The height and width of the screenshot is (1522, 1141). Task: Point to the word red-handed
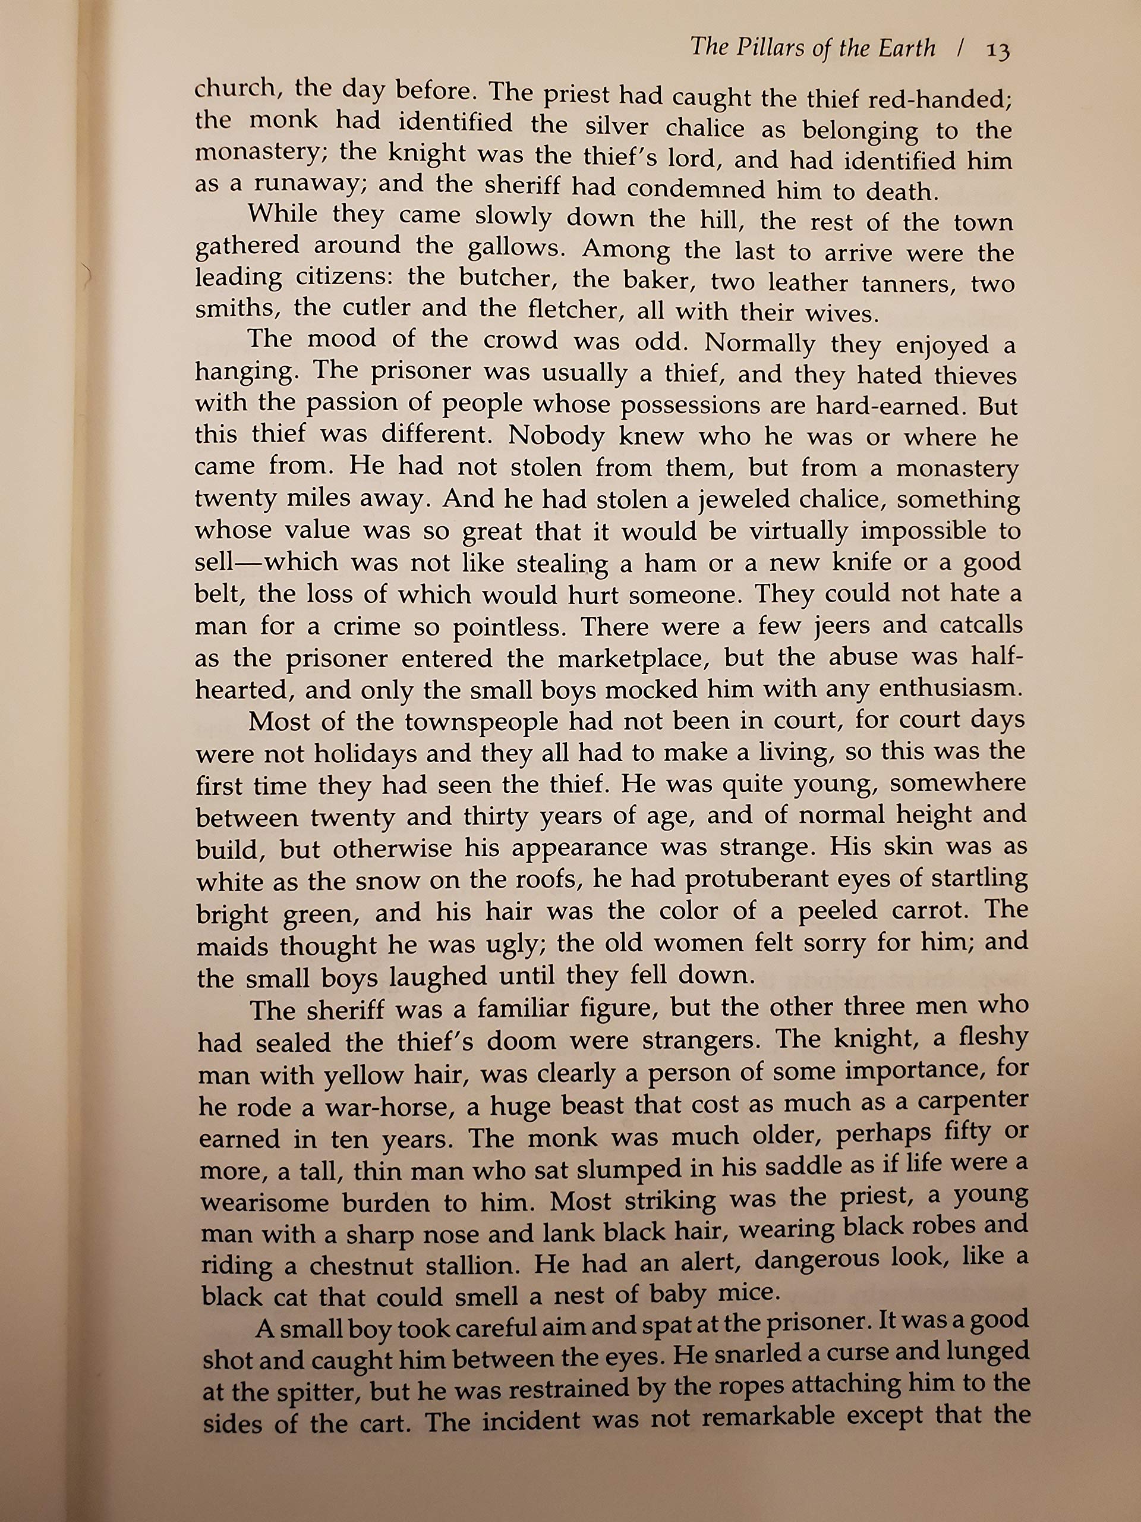click(940, 100)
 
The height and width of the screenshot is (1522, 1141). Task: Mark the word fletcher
click(574, 310)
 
